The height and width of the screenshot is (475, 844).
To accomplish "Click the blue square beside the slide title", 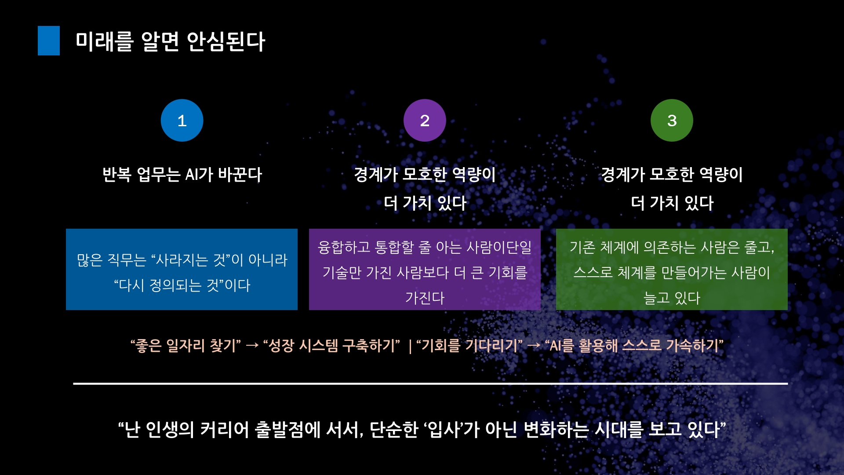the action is coord(49,40).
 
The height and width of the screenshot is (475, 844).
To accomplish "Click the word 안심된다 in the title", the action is coord(226,42).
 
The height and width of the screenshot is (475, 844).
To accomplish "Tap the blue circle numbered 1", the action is coord(182,120).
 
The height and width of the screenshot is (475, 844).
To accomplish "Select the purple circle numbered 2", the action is coord(425,120).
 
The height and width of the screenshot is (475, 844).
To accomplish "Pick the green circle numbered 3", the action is coord(672,120).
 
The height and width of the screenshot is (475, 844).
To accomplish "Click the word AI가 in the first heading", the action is coord(199,175).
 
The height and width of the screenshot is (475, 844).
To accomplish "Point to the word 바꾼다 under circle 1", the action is coord(240,175).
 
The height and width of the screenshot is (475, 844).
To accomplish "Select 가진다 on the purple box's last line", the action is coord(425,298).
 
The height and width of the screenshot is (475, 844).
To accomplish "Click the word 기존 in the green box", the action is coord(582,247).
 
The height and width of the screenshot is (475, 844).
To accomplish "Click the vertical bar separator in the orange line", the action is coord(410,346).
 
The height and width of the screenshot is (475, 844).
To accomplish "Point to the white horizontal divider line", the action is coord(430,384).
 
